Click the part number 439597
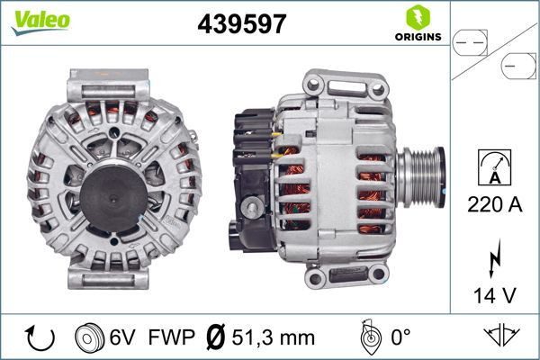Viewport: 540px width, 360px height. (241, 24)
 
